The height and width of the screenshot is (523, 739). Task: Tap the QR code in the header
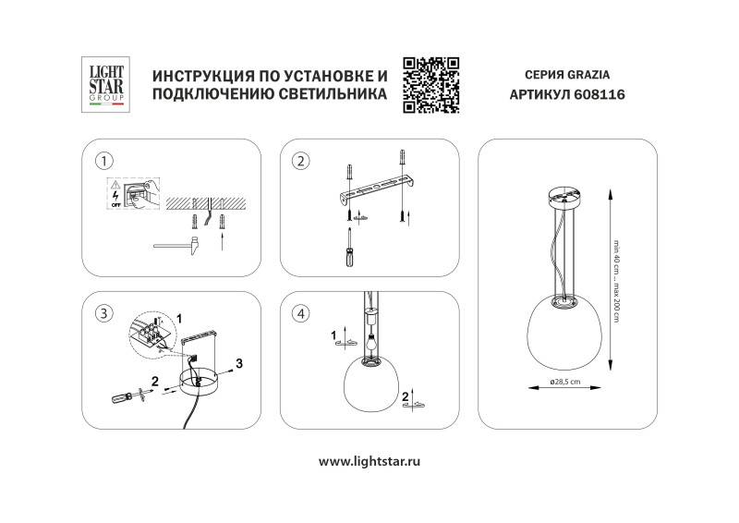431,83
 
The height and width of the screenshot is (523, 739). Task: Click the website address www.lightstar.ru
369,460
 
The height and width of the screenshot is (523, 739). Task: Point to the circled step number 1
104,162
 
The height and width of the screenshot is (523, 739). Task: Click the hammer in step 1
175,245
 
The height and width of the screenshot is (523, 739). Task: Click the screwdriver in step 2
348,249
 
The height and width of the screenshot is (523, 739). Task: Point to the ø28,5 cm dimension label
563,382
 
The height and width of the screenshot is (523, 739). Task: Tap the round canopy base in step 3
200,382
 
